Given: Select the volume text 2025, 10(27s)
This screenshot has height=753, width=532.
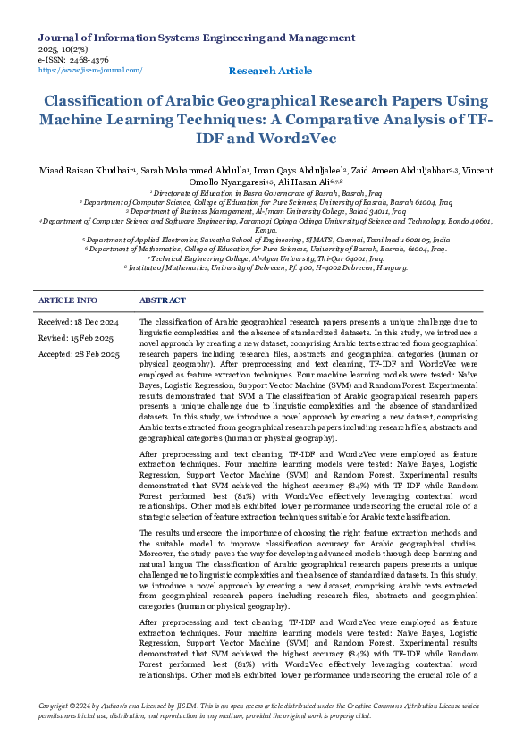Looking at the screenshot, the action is point(65,49).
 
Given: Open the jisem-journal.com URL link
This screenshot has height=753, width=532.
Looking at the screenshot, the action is point(90,70).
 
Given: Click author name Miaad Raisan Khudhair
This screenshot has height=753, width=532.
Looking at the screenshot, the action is point(87,170).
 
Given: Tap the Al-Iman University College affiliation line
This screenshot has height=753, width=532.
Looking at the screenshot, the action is point(266,212).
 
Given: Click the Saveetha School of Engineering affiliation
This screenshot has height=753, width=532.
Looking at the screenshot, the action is point(266,240).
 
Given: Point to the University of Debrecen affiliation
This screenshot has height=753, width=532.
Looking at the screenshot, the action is point(266,267).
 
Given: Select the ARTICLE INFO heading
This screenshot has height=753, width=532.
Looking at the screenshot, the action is point(68,300).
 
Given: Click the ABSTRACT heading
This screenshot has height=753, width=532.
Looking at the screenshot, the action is point(163,300).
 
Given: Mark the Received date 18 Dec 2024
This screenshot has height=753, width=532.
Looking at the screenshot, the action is point(79,321).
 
